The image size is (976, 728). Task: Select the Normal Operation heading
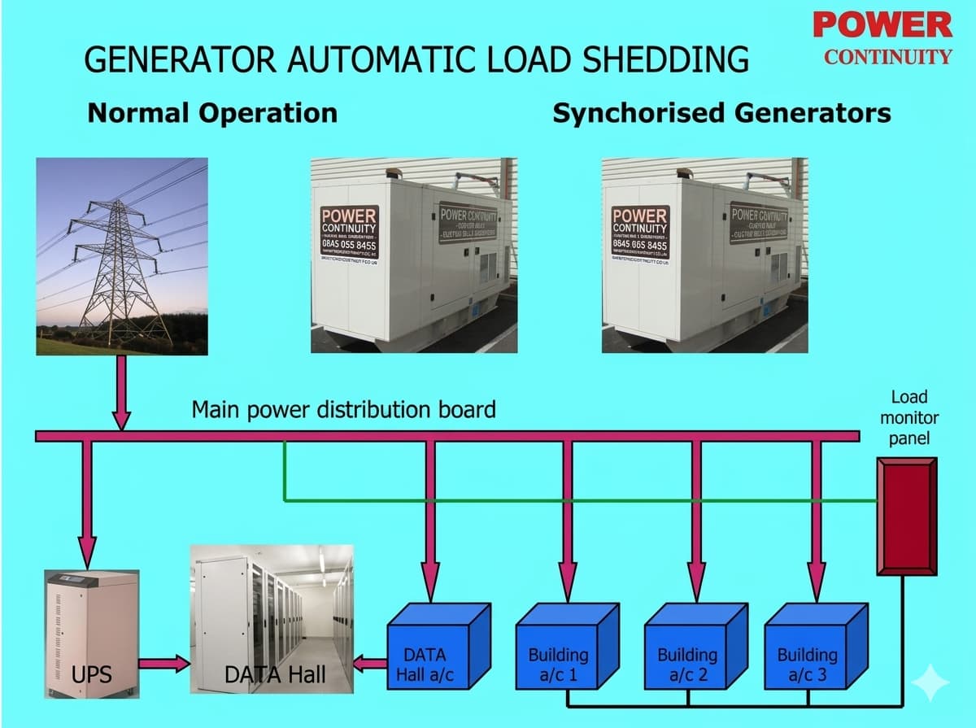212,112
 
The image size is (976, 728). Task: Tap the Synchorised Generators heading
721,112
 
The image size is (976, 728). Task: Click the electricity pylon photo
122,256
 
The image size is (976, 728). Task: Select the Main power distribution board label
343,409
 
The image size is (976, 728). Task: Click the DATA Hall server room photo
272,618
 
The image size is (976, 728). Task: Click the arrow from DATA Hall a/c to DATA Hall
371,665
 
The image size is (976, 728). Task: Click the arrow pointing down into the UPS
87,504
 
